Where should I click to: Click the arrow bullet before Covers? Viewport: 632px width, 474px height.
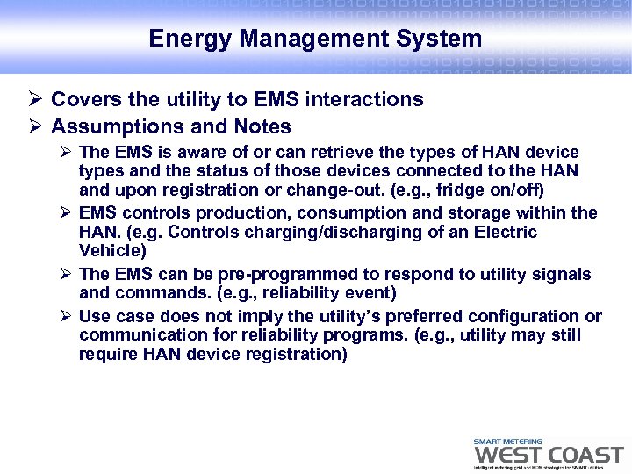[35, 100]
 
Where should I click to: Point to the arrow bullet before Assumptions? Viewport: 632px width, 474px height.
[35, 127]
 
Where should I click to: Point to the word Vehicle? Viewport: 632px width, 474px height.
[111, 251]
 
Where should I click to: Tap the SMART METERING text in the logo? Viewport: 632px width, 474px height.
[507, 442]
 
